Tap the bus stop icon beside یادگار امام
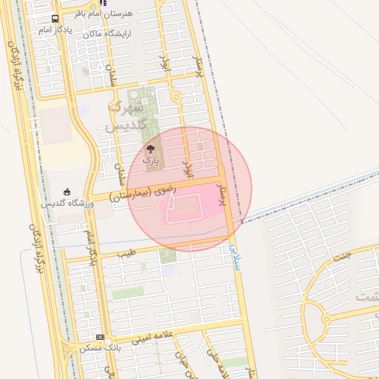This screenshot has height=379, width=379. click(x=56, y=19)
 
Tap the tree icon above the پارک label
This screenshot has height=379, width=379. click(x=151, y=149)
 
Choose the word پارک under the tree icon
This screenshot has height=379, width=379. click(x=151, y=160)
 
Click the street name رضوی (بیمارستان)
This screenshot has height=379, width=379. click(x=144, y=194)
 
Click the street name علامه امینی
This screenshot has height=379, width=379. click(x=152, y=338)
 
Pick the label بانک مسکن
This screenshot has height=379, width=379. click(x=104, y=346)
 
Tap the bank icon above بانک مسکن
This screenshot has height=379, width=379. click(x=100, y=337)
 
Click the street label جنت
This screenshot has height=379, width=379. click(x=363, y=256)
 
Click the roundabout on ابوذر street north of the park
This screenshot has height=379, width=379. click(x=175, y=97)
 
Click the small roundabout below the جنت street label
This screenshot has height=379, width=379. click(x=326, y=318)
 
